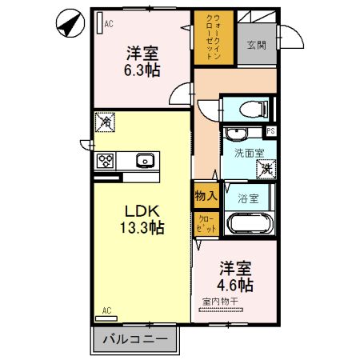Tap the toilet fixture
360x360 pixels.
pos(254,109)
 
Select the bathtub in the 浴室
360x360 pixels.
pos(250,223)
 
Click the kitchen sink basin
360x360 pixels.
pos(145,161)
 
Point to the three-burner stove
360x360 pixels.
pos(106,161)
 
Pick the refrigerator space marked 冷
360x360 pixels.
pos(105,122)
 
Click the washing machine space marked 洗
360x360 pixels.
pos(266,170)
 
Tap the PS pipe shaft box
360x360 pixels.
pos(270,131)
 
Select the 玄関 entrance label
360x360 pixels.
pos(257,45)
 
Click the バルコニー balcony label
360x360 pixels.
pos(135,339)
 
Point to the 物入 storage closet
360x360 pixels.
pos(206,196)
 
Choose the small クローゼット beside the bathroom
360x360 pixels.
pos(206,224)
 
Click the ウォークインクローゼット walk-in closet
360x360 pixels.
pos(214,38)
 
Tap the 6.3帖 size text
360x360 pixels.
pos(142,70)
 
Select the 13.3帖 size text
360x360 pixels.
pos(142,227)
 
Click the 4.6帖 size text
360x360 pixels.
pos(235,286)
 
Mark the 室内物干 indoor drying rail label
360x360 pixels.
pos(220,302)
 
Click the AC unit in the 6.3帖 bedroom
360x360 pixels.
pos(100,23)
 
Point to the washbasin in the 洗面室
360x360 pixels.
pos(236,134)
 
